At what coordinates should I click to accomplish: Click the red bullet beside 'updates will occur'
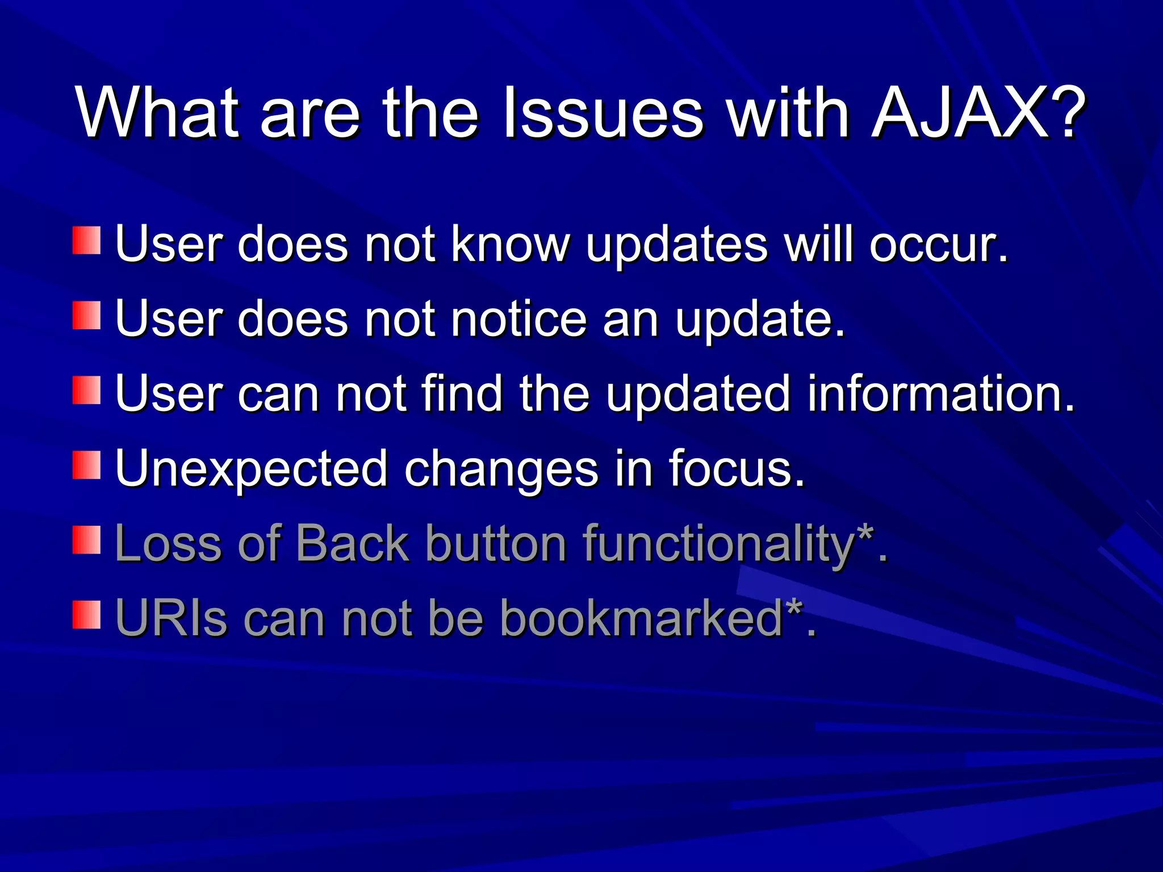click(x=86, y=241)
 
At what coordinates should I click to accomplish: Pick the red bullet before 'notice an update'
click(x=86, y=316)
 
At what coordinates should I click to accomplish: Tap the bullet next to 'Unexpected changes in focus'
click(x=86, y=466)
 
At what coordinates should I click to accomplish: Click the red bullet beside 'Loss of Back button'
click(x=86, y=540)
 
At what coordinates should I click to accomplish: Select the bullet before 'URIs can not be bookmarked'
click(x=86, y=615)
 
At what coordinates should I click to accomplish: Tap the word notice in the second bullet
click(x=518, y=319)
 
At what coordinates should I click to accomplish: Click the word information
click(x=940, y=394)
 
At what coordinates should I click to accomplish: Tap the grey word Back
click(x=352, y=544)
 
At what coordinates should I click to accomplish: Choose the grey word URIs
click(x=171, y=619)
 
